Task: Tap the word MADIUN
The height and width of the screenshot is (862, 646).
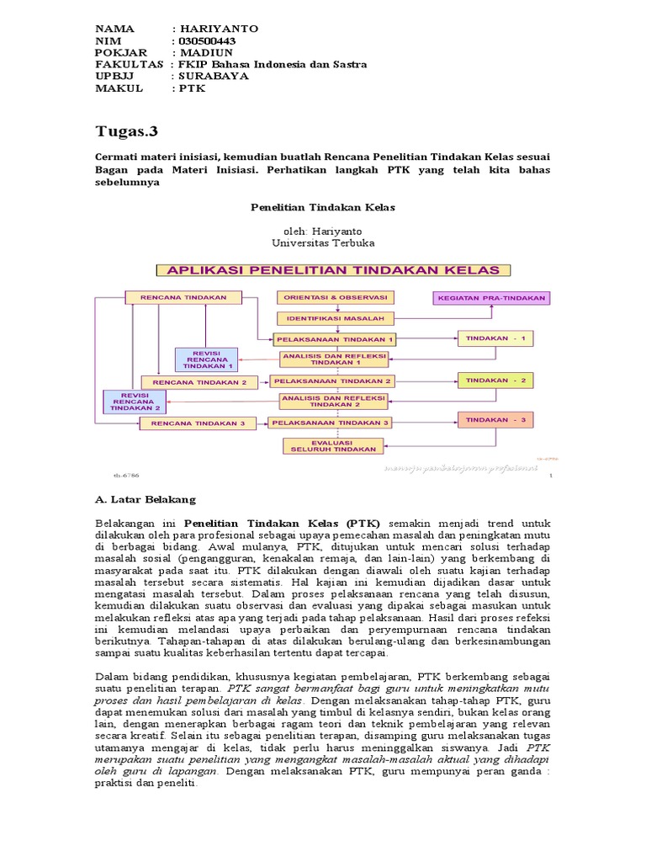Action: point(210,52)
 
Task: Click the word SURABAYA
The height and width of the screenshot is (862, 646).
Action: point(215,76)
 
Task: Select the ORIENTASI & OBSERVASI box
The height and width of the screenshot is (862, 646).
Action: point(335,298)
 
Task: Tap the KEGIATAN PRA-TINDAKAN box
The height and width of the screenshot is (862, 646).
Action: point(491,298)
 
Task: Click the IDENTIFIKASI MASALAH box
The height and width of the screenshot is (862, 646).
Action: point(335,318)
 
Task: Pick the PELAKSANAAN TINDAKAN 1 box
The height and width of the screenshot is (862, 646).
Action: point(335,339)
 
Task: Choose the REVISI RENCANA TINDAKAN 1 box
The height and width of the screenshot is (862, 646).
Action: point(207,359)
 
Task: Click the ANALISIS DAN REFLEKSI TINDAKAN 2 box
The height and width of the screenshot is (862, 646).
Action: point(335,402)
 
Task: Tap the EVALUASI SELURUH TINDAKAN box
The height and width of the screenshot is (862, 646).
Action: point(335,445)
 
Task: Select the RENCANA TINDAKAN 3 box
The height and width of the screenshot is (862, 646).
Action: point(199,423)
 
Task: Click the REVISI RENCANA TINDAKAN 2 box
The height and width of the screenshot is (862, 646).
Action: point(135,402)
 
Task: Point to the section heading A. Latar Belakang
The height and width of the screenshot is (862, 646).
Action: point(146,499)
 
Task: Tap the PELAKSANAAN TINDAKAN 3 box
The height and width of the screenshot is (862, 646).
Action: point(335,423)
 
